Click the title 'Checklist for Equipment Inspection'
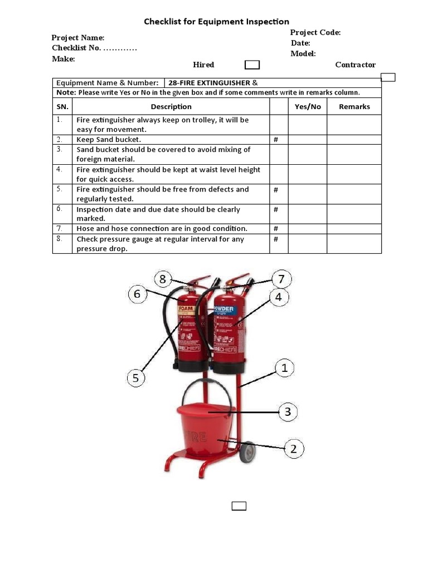click(x=216, y=22)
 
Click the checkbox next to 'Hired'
click(x=252, y=65)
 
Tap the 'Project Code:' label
click(x=315, y=32)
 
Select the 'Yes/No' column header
click(x=308, y=107)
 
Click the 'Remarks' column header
click(x=354, y=107)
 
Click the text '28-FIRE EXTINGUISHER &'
click(x=209, y=83)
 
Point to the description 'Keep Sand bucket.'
click(x=109, y=140)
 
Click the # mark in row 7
click(x=276, y=229)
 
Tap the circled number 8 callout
click(x=162, y=279)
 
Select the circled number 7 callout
click(x=281, y=278)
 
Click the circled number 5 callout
click(x=135, y=379)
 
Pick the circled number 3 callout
click(x=288, y=412)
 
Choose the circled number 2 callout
click(x=294, y=449)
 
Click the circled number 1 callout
click(x=284, y=368)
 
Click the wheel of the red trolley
click(x=247, y=452)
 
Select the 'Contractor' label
click(x=355, y=65)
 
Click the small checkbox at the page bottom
click(x=239, y=505)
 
